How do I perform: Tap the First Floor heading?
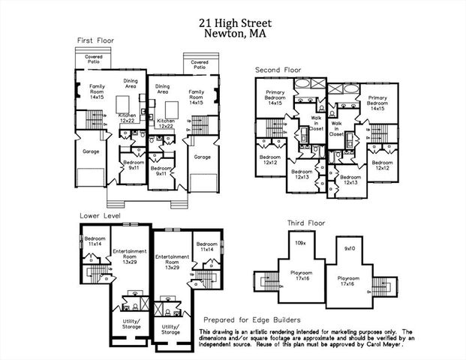tap(95, 40)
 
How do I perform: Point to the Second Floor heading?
tap(278, 70)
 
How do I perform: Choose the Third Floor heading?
tap(307, 223)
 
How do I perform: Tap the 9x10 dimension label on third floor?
tap(349, 247)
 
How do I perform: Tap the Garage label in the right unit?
tap(202, 157)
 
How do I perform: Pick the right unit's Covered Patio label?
tap(200, 64)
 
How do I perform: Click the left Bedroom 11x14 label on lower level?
tap(94, 241)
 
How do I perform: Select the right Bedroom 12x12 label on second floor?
tap(382, 165)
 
